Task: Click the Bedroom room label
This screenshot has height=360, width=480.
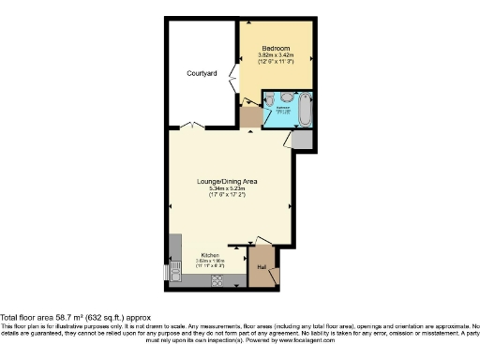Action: point(276,48)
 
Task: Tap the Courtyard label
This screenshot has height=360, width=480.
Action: point(202,72)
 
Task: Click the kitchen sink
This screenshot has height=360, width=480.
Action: point(175,273)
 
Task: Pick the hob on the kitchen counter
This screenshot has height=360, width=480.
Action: point(217,278)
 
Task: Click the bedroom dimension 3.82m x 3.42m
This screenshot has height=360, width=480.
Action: point(276,57)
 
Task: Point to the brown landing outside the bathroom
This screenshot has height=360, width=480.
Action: point(251,117)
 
